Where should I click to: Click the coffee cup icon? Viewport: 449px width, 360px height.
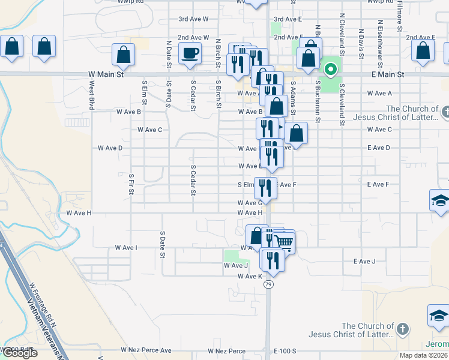point(191,53)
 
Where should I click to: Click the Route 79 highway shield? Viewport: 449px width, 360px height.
point(268,284)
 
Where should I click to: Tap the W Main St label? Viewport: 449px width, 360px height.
point(105,74)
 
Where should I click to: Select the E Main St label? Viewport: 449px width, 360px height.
point(388,74)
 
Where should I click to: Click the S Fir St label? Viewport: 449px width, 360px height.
point(131,184)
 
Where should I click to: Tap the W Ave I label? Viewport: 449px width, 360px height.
point(126,247)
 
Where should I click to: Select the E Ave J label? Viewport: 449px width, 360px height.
point(364,261)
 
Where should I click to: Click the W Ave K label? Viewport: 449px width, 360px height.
point(250,276)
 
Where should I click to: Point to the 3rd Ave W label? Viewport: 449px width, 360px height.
point(193,19)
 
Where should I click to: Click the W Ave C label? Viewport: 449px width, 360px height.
point(150,130)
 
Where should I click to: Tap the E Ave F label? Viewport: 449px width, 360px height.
point(378,184)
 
